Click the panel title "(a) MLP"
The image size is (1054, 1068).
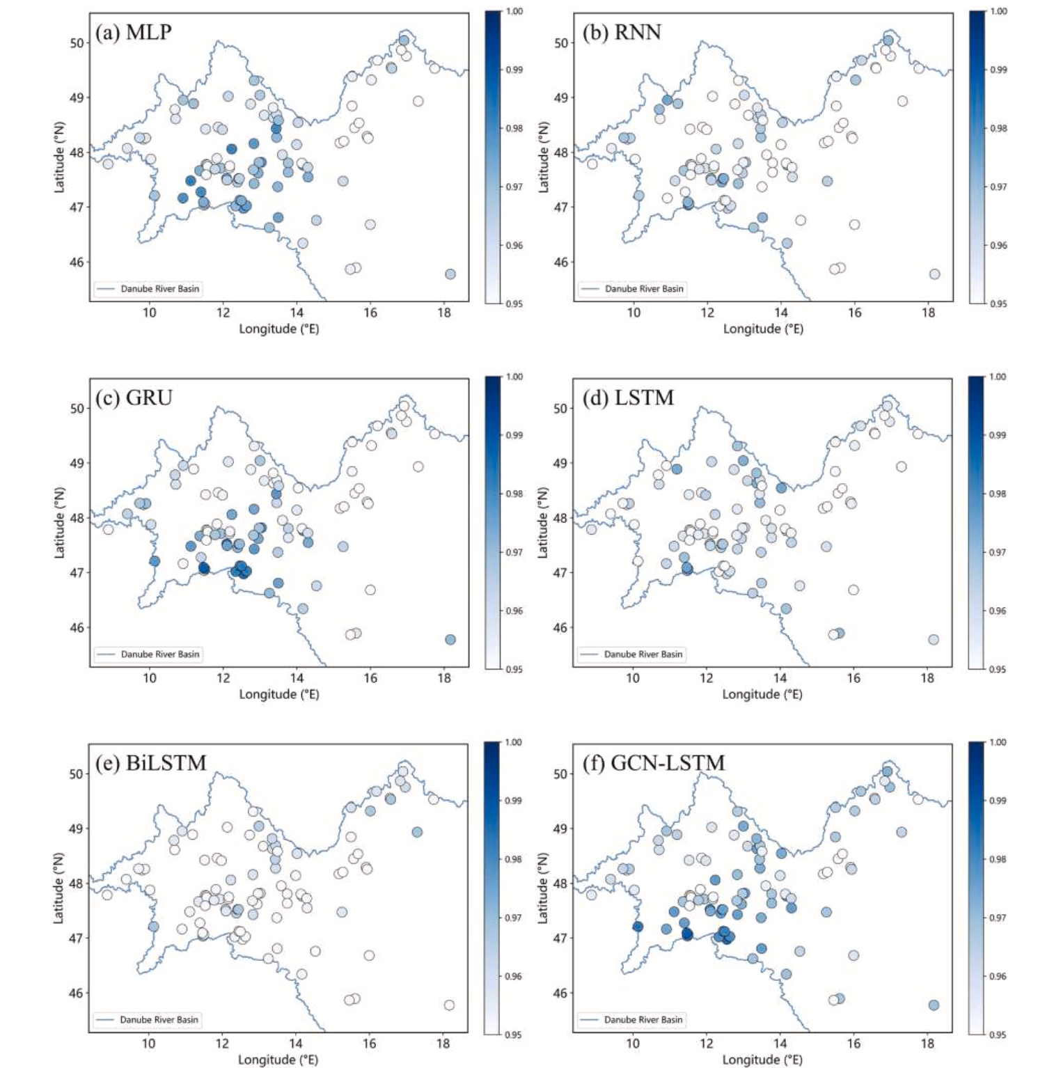click(133, 33)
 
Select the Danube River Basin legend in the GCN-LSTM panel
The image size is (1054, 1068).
click(631, 1019)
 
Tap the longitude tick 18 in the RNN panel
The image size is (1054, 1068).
click(928, 313)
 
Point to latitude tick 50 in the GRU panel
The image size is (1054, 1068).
click(77, 409)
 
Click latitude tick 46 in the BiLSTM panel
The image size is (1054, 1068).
click(76, 993)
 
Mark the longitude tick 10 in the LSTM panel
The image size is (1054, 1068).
click(632, 678)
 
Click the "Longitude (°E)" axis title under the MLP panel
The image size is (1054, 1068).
click(278, 329)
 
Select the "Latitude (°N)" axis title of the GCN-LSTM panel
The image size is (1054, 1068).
click(543, 888)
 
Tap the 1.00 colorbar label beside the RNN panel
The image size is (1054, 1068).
click(998, 11)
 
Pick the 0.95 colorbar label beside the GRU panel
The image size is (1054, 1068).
click(514, 669)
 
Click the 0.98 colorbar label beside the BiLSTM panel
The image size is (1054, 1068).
click(513, 859)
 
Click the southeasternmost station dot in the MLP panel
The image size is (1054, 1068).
click(450, 274)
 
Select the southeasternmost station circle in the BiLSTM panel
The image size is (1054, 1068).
click(449, 1005)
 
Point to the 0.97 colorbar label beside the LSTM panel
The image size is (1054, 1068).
click(998, 552)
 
